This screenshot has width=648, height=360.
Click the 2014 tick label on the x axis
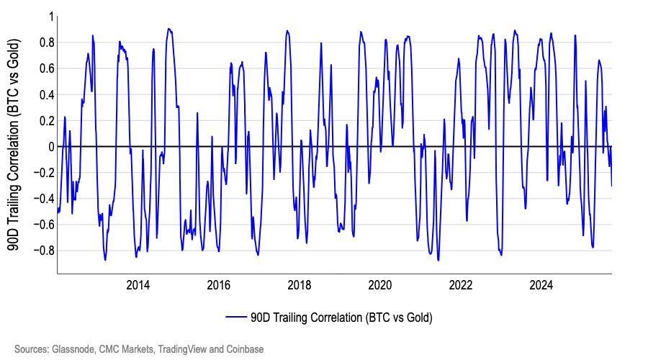(138, 285)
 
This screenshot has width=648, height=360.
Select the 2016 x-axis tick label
(219, 285)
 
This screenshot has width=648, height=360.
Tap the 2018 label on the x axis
(300, 285)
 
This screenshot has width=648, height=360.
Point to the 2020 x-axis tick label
(380, 285)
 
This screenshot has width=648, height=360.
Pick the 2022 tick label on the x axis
(461, 285)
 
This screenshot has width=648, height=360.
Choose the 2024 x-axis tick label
(541, 285)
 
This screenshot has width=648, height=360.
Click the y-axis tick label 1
(51, 17)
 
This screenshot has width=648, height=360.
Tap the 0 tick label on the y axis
(51, 147)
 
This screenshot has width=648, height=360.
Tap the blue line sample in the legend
(236, 317)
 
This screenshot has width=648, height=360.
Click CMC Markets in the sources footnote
(130, 349)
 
